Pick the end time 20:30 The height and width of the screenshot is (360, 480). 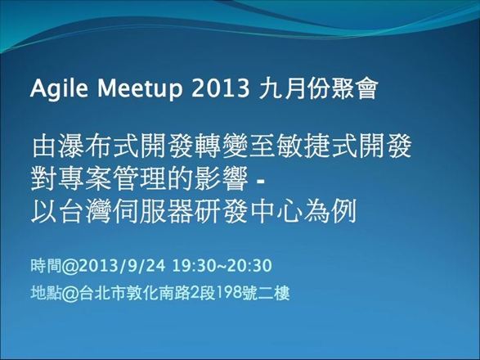249,266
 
